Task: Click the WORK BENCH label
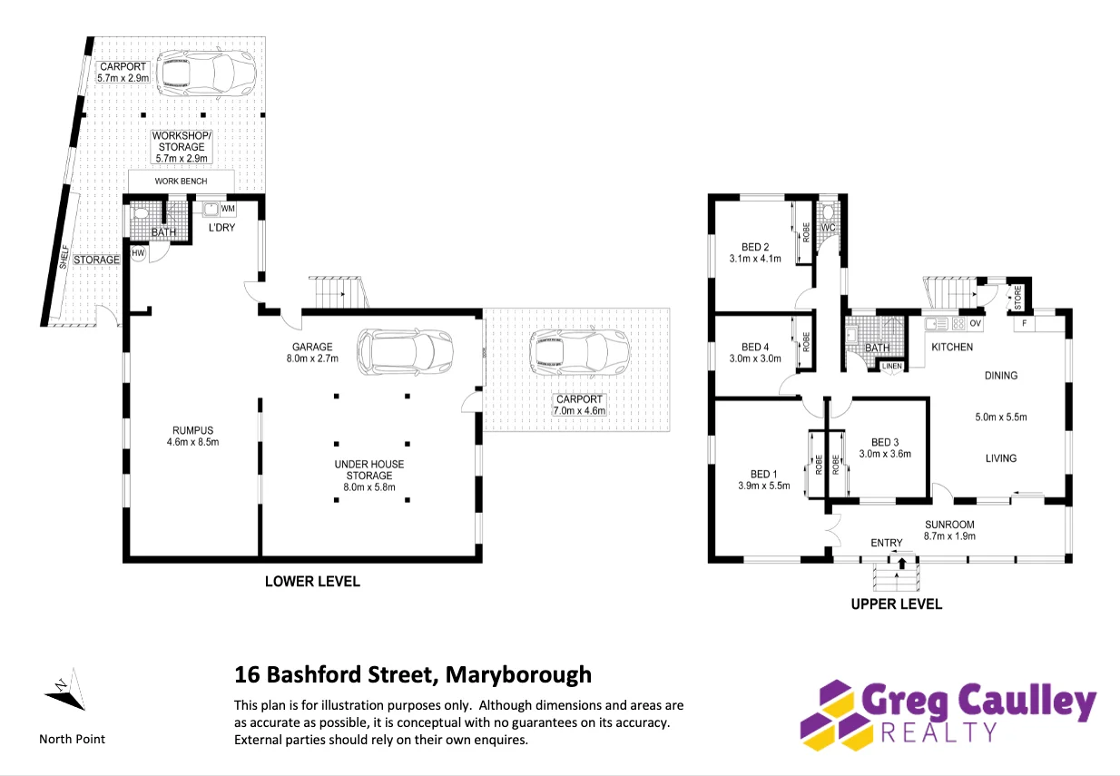[x=181, y=181]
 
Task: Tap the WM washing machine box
[x=228, y=209]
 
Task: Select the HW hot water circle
[x=138, y=253]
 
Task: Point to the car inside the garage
[x=405, y=351]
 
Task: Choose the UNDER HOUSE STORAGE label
[x=369, y=469]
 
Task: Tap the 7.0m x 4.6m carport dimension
[x=579, y=411]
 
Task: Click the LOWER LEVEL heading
[x=312, y=582]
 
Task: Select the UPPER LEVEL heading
[x=897, y=604]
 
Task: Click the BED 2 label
[x=755, y=247]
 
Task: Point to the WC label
[x=828, y=228]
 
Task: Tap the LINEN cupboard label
[x=892, y=366]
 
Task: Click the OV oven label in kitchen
[x=975, y=323]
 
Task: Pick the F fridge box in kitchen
[x=1025, y=323]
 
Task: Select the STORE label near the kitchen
[x=1018, y=298]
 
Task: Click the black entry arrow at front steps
[x=902, y=563]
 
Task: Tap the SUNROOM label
[x=949, y=525]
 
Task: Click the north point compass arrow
[x=66, y=690]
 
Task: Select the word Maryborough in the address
[x=518, y=675]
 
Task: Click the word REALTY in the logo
[x=939, y=732]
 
